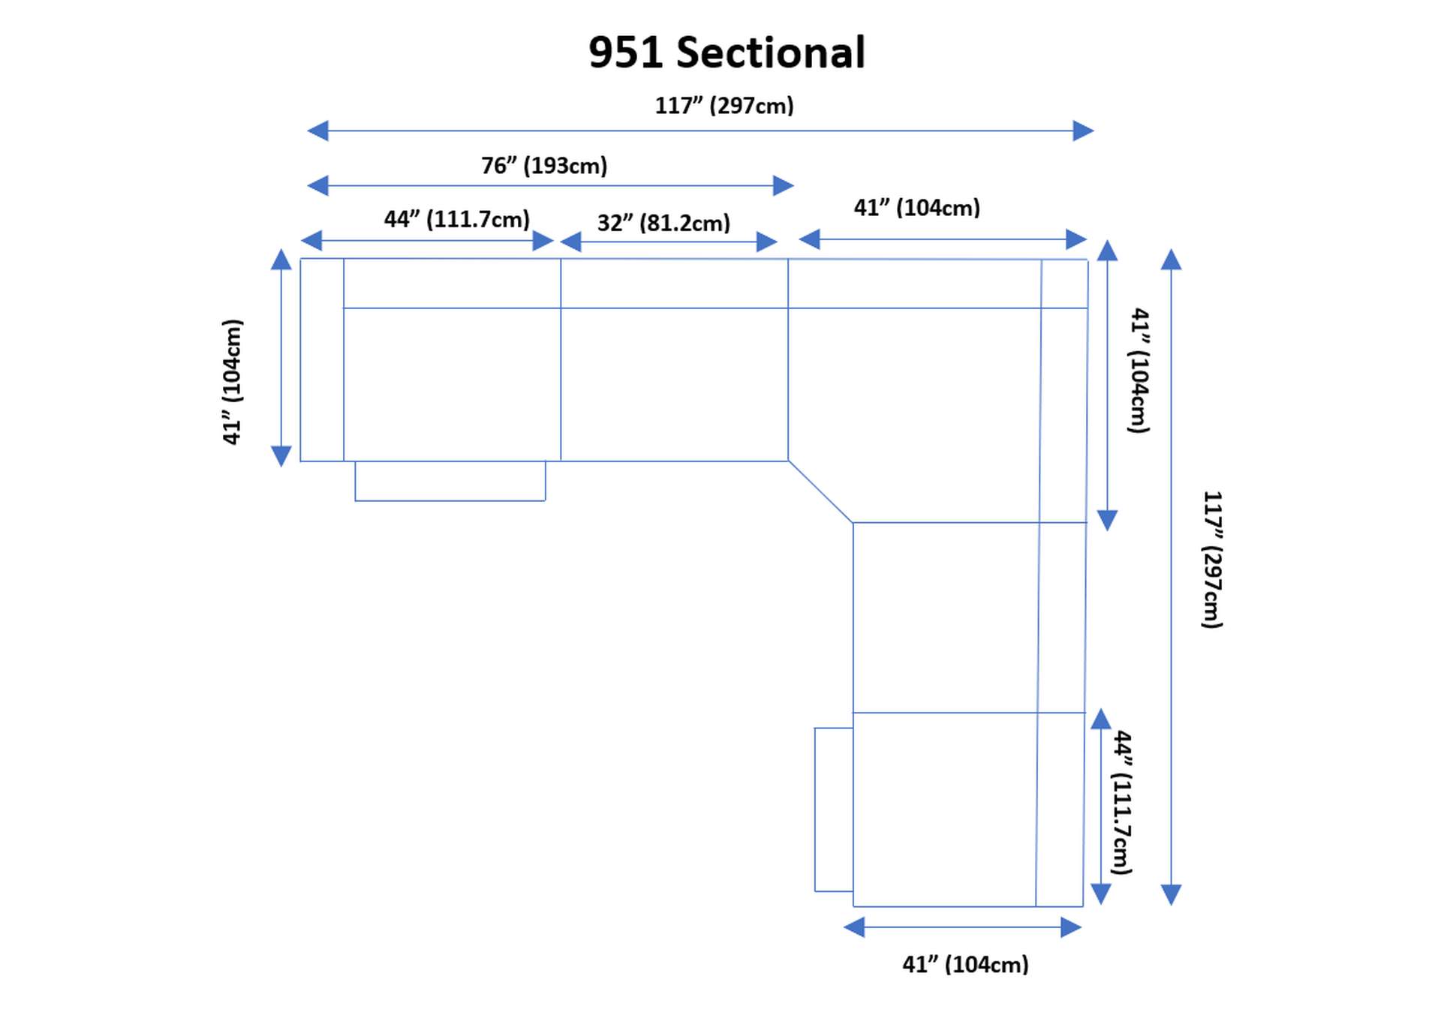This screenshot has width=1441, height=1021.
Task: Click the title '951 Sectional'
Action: tap(727, 53)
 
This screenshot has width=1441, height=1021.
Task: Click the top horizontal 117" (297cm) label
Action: tap(724, 106)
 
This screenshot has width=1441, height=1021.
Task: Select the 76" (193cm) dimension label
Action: tap(544, 166)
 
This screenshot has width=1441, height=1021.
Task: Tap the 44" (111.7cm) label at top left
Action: tap(456, 220)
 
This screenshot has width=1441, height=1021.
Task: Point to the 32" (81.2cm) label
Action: tap(663, 224)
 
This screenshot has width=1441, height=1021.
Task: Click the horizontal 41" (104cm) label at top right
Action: tap(916, 208)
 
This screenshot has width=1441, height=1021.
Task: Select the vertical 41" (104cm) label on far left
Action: tap(233, 382)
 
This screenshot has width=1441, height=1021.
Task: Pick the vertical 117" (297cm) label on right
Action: tap(1212, 560)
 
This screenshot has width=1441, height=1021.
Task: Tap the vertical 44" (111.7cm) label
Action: tap(1121, 802)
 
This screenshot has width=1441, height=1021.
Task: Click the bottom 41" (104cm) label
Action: tap(965, 965)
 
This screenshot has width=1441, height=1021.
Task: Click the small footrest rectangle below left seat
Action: tap(450, 481)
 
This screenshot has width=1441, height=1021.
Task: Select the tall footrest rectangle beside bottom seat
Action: tap(833, 809)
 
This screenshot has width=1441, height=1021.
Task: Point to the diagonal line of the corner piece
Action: tap(820, 492)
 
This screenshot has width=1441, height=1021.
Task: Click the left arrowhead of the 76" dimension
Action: tap(318, 185)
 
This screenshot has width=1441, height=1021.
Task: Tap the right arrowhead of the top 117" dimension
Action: tap(1082, 131)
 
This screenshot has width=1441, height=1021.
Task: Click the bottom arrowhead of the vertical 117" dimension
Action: tap(1171, 894)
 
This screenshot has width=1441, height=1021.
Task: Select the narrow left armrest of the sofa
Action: tap(321, 360)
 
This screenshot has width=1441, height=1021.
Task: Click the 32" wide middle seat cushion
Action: tap(674, 384)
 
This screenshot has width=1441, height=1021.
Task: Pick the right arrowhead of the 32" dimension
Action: tap(766, 242)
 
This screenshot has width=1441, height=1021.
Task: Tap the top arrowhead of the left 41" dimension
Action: tap(281, 260)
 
